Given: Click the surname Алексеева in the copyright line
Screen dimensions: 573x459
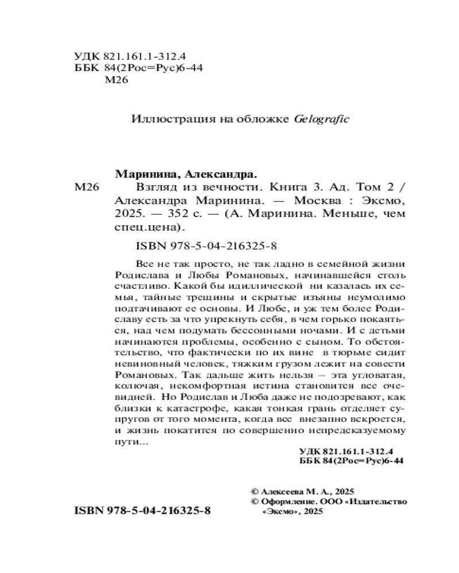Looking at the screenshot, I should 285,492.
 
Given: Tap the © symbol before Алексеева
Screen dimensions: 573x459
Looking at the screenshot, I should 255,492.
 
